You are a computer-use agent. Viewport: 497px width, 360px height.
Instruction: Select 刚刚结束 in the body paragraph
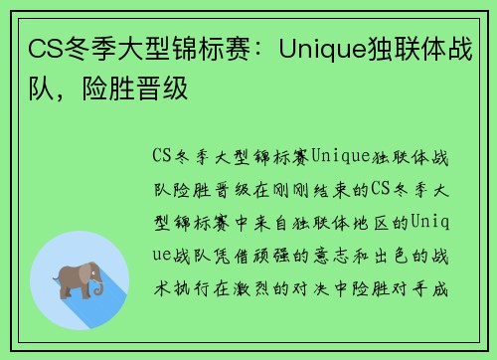[x=319, y=189]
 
